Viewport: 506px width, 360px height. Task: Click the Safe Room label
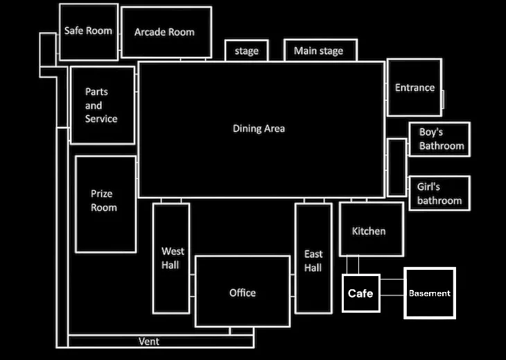(x=88, y=31)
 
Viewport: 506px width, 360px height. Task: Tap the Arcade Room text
(x=164, y=32)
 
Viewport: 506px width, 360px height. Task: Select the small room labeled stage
(x=247, y=51)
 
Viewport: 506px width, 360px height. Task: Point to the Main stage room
(x=320, y=50)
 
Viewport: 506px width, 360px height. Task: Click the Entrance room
(x=415, y=87)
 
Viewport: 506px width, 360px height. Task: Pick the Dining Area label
(x=259, y=128)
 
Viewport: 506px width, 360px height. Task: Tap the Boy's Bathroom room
(x=439, y=139)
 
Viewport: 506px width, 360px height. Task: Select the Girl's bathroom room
(x=439, y=194)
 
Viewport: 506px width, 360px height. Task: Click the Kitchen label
(x=369, y=231)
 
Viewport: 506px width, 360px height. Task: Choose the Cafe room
(x=361, y=293)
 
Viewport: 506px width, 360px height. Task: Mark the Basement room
(x=430, y=293)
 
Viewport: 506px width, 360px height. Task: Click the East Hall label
(x=313, y=261)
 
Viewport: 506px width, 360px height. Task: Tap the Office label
(x=243, y=293)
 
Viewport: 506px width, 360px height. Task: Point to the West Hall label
(x=173, y=258)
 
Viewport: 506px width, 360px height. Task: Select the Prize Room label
(x=103, y=200)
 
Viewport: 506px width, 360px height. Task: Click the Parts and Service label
(x=101, y=105)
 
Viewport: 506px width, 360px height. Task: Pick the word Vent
(x=149, y=341)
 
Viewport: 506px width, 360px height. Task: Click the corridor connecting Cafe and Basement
(x=392, y=287)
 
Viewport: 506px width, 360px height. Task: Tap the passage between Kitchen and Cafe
(x=353, y=265)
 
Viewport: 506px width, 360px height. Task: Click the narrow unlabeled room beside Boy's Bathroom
(x=397, y=168)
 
